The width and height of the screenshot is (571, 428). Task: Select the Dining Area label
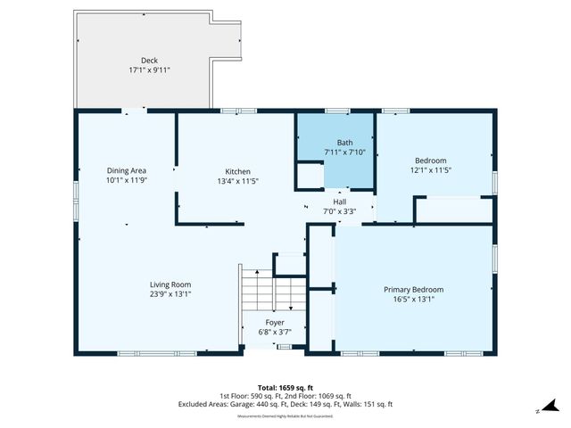(127, 170)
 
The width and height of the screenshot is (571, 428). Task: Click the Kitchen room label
(237, 171)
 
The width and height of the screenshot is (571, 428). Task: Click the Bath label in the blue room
(344, 143)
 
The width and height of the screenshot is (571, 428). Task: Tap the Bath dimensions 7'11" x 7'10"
(344, 152)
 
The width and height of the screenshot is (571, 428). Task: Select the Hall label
(339, 202)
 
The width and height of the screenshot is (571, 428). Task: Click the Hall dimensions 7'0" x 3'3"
(339, 211)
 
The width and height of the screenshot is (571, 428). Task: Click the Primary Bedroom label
(413, 290)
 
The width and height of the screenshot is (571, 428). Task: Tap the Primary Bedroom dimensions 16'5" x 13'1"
(413, 300)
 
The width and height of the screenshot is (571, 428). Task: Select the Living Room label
(170, 284)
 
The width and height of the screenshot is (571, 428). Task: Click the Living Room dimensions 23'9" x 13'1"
(170, 294)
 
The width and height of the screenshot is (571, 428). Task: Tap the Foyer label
(275, 323)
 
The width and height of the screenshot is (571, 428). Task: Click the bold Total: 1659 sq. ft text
(285, 388)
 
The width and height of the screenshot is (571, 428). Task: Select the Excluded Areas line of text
(285, 405)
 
